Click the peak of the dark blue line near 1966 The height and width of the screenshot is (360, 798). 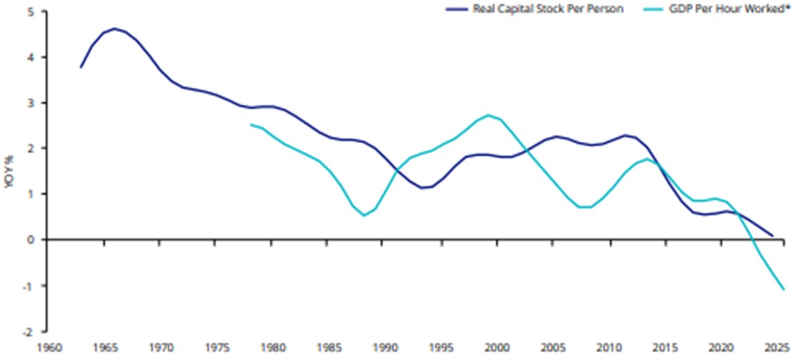(115, 29)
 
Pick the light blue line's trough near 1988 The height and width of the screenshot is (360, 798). (364, 215)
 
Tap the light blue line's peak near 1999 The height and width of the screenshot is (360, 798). (488, 115)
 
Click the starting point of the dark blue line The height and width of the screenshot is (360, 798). (80, 67)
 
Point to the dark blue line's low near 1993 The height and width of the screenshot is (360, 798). (422, 188)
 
